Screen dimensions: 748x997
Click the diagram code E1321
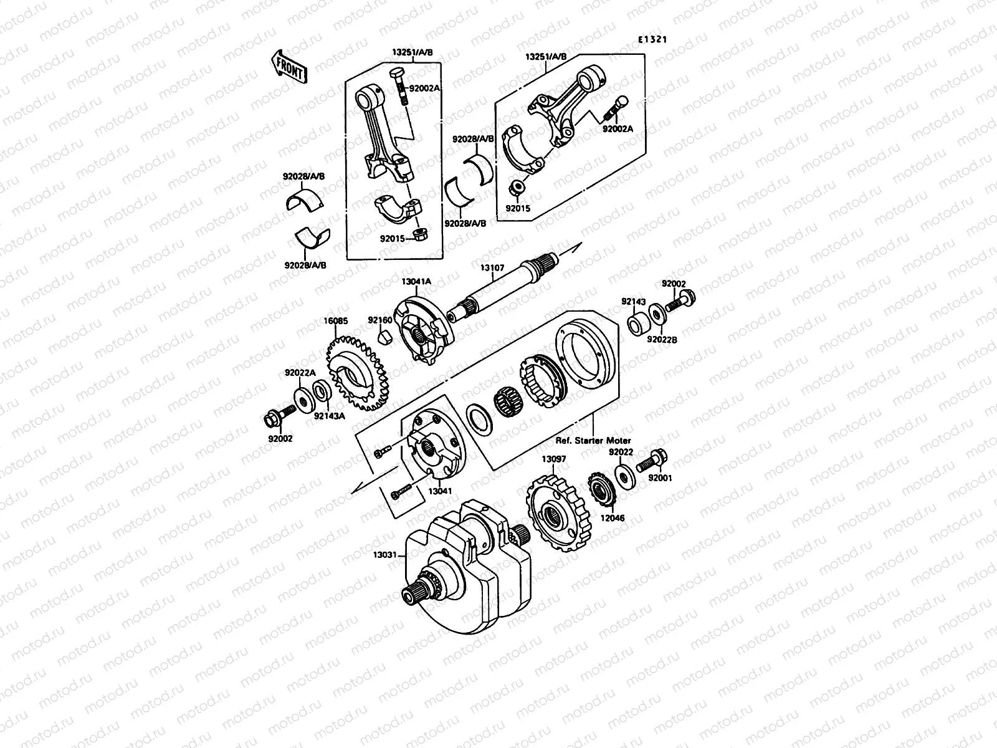point(652,39)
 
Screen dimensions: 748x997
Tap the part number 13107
point(492,268)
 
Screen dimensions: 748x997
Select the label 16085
point(335,321)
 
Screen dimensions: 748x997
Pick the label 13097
point(553,459)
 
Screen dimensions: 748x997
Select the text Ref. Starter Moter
point(593,441)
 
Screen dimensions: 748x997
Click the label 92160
point(379,320)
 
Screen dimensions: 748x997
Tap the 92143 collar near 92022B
point(637,325)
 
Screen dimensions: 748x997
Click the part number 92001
point(661,479)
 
